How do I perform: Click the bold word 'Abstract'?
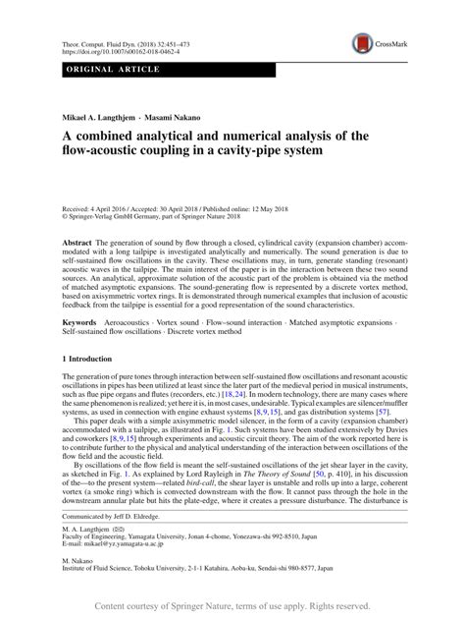pos(78,241)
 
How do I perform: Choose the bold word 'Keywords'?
pos(80,321)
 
